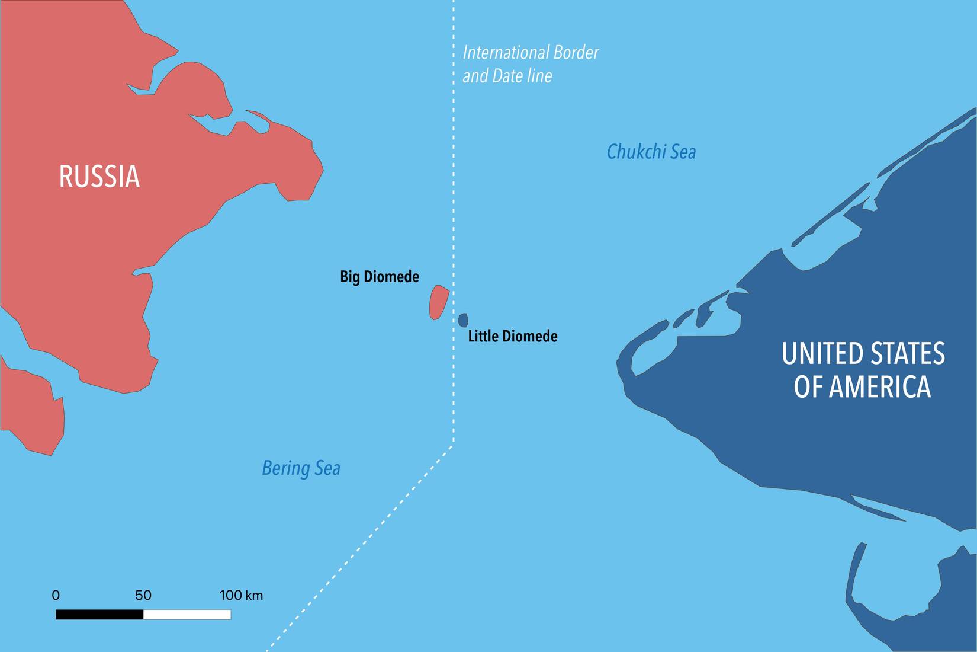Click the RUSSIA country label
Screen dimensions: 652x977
99,177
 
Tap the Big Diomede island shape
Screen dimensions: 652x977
438,302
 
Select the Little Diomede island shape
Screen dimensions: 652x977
463,320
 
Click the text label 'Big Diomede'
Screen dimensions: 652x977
380,277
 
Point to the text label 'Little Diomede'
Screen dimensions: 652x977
513,337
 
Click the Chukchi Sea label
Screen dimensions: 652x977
651,152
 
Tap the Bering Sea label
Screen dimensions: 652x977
301,468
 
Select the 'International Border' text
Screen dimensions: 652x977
531,53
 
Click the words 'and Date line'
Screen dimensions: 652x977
507,76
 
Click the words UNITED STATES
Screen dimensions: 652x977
863,354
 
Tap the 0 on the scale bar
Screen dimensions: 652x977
56,595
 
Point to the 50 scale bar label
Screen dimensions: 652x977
143,595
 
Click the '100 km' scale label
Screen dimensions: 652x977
241,595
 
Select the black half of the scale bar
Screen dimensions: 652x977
99,615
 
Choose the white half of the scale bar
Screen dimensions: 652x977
187,615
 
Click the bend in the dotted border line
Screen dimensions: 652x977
454,443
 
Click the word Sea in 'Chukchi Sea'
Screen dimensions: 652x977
683,152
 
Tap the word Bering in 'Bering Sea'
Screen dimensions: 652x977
286,468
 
